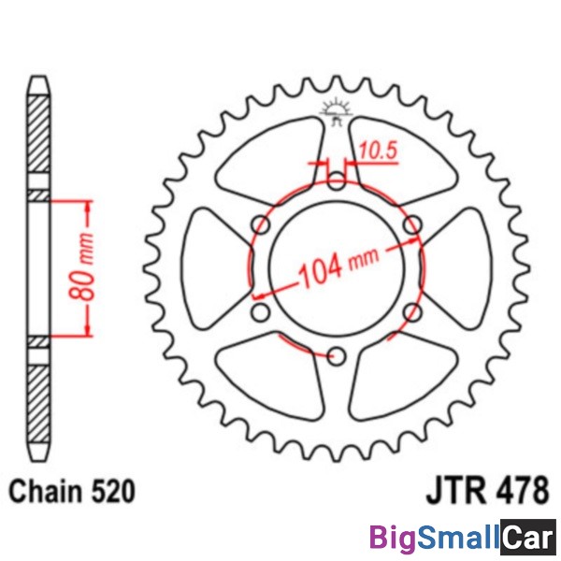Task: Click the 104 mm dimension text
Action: [338, 266]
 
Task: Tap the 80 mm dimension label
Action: [81, 266]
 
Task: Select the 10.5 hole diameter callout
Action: [379, 151]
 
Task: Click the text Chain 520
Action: [72, 492]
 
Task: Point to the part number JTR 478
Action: [487, 489]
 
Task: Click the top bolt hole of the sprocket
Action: [336, 180]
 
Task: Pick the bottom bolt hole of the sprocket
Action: [336, 355]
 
